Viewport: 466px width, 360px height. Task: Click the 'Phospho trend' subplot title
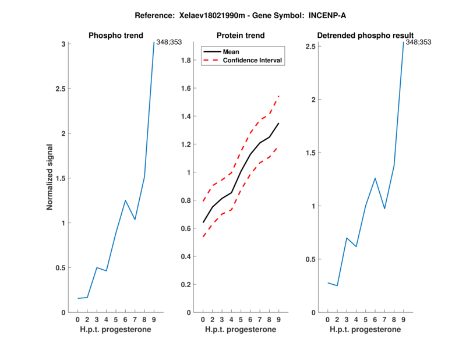click(116, 36)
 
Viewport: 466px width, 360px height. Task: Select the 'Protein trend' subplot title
click(241, 36)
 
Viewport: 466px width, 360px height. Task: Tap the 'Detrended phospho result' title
click(365, 36)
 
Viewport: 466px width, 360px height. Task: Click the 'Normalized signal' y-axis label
click(51, 178)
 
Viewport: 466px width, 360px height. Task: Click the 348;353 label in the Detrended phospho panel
click(418, 42)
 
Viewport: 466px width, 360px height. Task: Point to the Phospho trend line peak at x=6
click(125, 200)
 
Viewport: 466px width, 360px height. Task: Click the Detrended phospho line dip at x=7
click(384, 209)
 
